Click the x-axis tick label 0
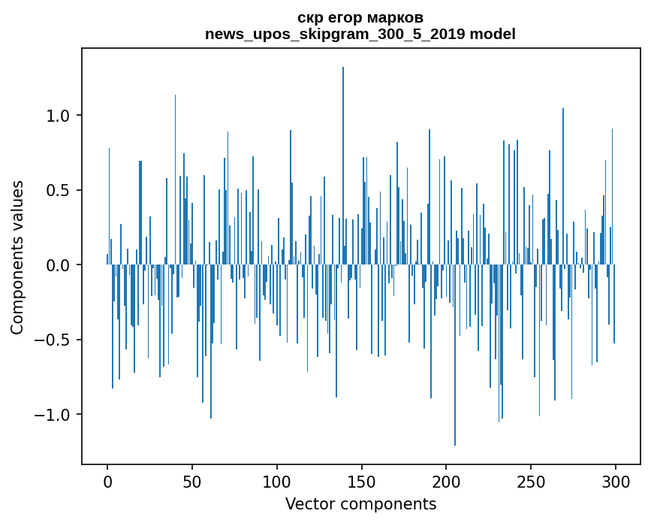(x=107, y=481)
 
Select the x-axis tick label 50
(x=192, y=481)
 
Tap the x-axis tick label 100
(x=277, y=481)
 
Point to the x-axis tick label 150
(x=362, y=481)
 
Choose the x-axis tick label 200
(x=446, y=481)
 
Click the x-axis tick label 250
(x=531, y=481)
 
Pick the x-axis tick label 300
(x=616, y=481)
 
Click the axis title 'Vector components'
(x=360, y=503)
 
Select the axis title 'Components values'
(x=17, y=257)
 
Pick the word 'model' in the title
(x=493, y=34)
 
